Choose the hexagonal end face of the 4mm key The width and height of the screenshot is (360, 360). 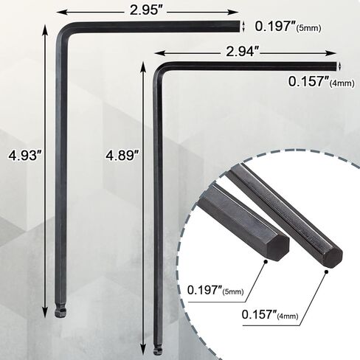click(332, 257)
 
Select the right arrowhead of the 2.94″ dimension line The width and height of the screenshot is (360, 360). click(336, 53)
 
